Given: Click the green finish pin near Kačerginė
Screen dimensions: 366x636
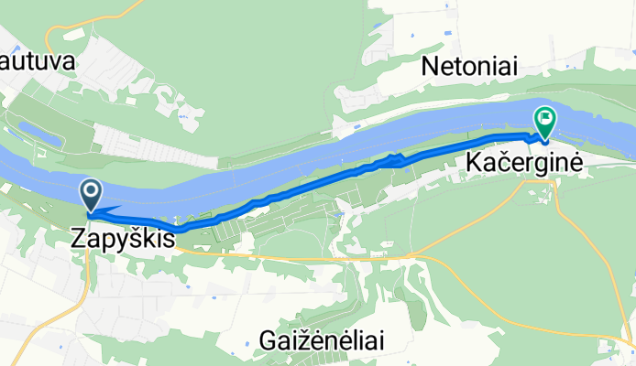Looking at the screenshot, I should pos(545,123).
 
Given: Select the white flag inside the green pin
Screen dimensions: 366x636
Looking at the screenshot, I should pos(546,117).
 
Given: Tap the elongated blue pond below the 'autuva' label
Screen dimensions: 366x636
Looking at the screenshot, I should pos(38,136).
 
